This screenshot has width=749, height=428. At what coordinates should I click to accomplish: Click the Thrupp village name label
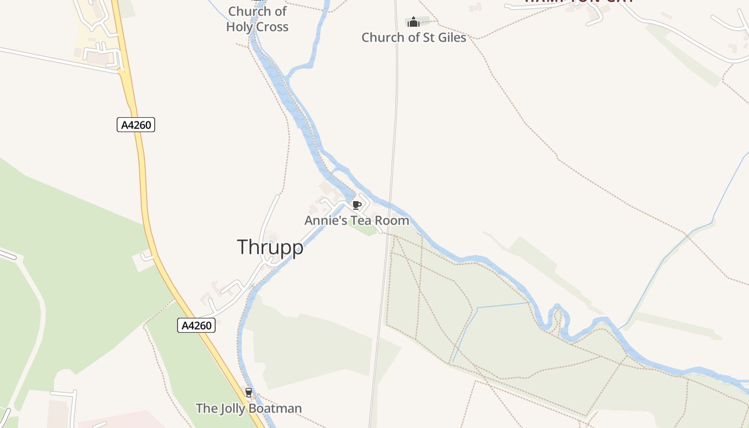point(270,247)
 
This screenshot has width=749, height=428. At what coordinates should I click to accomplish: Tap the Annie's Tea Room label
point(357,220)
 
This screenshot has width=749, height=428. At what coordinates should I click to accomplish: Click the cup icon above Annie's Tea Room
point(357,205)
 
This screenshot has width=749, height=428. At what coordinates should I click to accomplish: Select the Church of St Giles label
point(414,37)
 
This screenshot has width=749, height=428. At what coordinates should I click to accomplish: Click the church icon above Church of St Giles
point(413,22)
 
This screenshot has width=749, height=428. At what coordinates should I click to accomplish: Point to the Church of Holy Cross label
point(257,19)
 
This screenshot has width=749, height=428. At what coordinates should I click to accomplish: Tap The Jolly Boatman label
point(249,409)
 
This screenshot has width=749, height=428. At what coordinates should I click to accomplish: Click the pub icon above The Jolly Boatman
point(248,393)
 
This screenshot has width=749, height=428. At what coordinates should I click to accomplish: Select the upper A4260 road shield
point(136,125)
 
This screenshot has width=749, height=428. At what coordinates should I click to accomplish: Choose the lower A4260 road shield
point(196,325)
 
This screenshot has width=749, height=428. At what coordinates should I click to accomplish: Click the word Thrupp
point(270,247)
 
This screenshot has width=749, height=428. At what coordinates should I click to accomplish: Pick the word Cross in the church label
point(273,27)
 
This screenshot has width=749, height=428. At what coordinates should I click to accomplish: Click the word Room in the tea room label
point(392,220)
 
